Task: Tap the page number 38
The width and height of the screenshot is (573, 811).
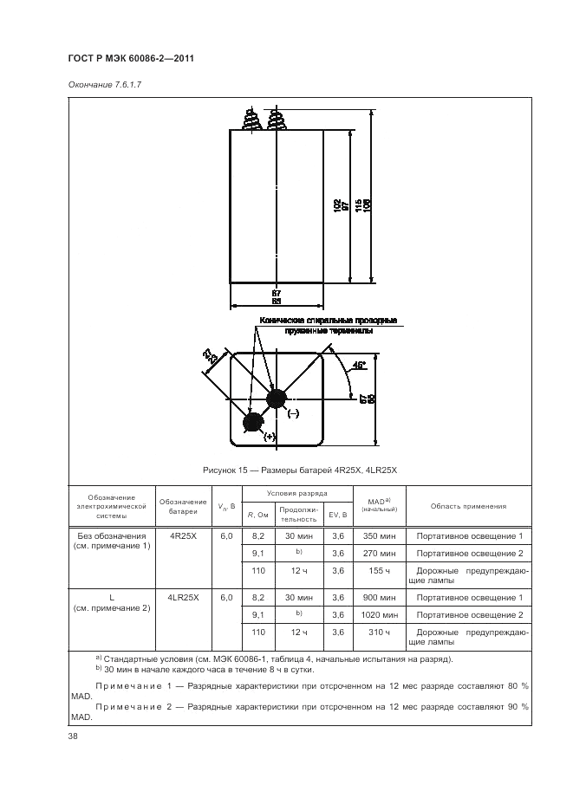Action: [x=73, y=736]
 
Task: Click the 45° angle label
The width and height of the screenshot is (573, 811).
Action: [x=358, y=366]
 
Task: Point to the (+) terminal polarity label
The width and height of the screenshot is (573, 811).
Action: [x=269, y=437]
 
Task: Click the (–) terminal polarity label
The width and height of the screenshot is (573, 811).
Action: [x=292, y=414]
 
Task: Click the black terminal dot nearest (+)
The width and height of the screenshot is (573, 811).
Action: [x=253, y=422]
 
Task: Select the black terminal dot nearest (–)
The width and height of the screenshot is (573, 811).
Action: [x=277, y=399]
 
